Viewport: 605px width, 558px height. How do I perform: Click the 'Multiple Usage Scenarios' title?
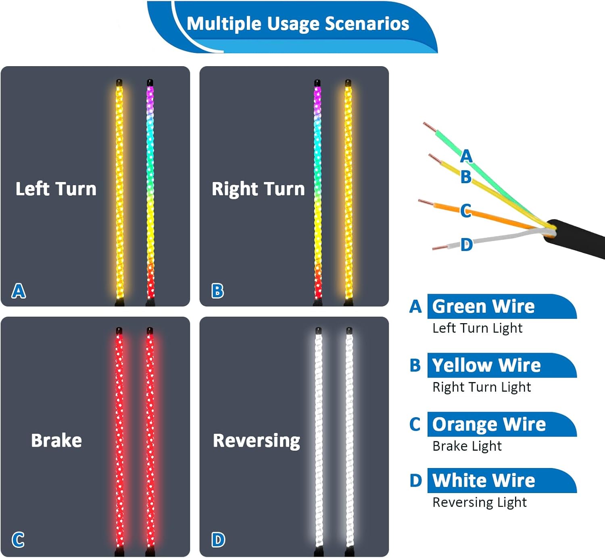click(x=298, y=24)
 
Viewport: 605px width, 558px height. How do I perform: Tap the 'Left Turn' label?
click(x=56, y=189)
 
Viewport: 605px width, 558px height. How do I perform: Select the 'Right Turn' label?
click(x=258, y=189)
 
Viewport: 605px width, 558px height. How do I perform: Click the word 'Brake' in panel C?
click(x=56, y=440)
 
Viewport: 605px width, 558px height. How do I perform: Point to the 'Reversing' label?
click(x=257, y=441)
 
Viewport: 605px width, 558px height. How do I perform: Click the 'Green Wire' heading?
click(x=483, y=306)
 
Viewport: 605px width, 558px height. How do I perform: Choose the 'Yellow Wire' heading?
click(x=486, y=365)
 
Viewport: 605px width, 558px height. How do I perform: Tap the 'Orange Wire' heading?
click(x=489, y=424)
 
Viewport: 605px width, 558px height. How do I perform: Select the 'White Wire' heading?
click(x=484, y=481)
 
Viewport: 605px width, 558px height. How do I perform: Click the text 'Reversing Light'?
click(x=480, y=502)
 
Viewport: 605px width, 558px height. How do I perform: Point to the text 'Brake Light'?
click(x=467, y=446)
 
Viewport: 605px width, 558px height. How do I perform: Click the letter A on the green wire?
click(x=466, y=156)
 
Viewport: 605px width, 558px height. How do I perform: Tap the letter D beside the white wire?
click(x=467, y=245)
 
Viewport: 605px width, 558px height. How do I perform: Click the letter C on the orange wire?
click(x=465, y=210)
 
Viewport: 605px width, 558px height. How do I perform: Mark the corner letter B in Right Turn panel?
click(x=217, y=290)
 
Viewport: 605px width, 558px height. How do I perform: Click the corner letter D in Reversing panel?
click(x=218, y=540)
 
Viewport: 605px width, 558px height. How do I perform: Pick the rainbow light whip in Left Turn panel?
click(x=150, y=190)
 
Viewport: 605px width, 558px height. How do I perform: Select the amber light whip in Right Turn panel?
click(x=348, y=190)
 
